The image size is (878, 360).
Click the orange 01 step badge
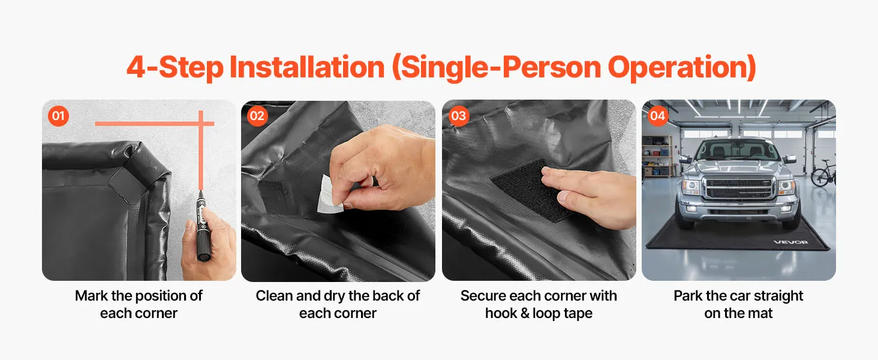[58, 116]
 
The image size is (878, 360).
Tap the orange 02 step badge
[257, 116]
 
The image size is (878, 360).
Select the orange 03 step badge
[459, 116]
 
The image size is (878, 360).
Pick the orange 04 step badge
[657, 116]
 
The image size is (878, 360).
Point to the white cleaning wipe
[330, 196]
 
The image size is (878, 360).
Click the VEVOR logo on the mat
[791, 242]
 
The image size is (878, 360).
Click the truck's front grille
[739, 189]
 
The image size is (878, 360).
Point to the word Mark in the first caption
[91, 296]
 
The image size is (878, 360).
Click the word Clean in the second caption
[274, 296]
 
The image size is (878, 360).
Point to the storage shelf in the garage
[657, 156]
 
